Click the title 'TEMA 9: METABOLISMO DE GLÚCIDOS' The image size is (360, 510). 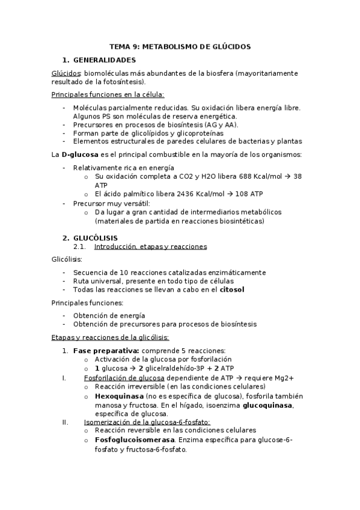pyautogui.click(x=180, y=46)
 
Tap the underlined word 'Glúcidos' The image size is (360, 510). pyautogui.click(x=66, y=73)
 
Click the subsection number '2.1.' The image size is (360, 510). pyautogui.click(x=80, y=247)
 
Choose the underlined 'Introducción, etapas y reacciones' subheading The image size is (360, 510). pyautogui.click(x=150, y=247)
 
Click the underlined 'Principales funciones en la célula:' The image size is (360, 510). pyautogui.click(x=108, y=94)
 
